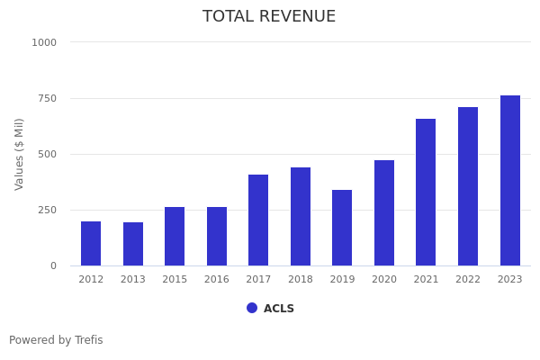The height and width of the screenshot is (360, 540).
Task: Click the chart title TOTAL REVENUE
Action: (269, 17)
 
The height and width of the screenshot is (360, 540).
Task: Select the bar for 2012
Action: (91, 243)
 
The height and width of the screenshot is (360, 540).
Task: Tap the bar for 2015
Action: (175, 236)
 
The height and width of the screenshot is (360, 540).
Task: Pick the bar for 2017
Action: (258, 220)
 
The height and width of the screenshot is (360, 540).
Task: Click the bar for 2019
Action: (342, 228)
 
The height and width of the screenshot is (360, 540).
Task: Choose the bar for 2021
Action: (426, 192)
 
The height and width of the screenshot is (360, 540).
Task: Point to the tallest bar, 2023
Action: (509, 180)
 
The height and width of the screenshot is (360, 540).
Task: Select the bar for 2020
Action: (384, 212)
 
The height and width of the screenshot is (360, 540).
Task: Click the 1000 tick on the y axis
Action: (44, 42)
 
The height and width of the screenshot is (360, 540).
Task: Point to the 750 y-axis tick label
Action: (47, 98)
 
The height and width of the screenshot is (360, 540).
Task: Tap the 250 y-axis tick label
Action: (47, 210)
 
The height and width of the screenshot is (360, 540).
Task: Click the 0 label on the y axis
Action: (53, 265)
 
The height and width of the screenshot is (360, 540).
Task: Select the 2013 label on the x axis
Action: (133, 280)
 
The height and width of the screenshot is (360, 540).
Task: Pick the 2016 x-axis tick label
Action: (217, 280)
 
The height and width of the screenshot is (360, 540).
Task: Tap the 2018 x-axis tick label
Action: (301, 280)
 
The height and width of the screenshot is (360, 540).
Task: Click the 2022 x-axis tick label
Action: (468, 280)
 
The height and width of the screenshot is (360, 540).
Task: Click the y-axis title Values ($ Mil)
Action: (20, 154)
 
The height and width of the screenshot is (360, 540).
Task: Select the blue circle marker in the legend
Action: (252, 308)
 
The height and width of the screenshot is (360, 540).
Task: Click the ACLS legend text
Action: (279, 309)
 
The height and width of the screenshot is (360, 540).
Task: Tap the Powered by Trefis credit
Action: (56, 340)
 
